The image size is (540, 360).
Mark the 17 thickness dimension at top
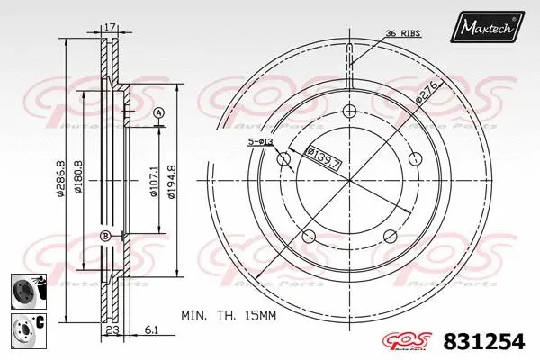110,29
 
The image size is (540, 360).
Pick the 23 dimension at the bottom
111,330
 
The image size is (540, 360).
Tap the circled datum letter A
158,112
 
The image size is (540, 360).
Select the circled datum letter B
105,236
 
